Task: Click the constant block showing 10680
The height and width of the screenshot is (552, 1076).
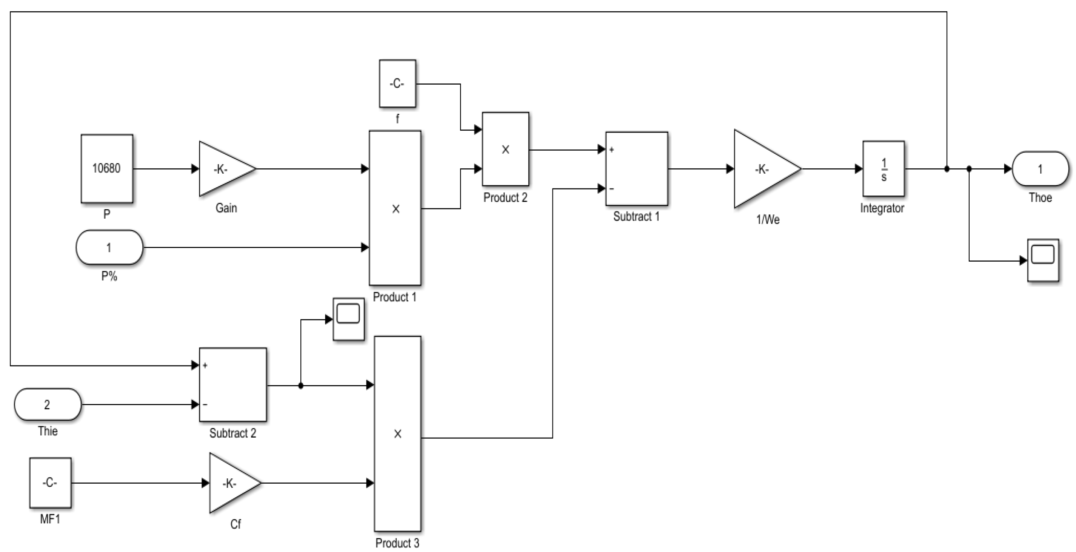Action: pos(107,168)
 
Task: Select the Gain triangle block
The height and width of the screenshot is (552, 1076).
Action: pos(223,169)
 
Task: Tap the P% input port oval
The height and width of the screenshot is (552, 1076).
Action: pos(109,247)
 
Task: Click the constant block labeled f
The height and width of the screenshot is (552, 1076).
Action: pos(397,83)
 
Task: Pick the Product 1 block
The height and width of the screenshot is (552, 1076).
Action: pos(395,208)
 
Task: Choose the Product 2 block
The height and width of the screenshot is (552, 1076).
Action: pos(505,149)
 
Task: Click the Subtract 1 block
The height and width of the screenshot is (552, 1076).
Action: pos(637,169)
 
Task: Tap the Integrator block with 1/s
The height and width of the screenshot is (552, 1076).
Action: pos(884,169)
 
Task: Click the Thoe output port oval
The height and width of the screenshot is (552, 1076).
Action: pos(1040,169)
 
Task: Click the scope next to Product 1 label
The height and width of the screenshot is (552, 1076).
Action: pos(348,319)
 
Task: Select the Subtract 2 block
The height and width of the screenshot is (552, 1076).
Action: pos(232,384)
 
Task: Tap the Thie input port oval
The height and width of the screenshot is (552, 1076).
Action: pos(48,404)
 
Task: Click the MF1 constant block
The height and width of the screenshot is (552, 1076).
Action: pos(50,483)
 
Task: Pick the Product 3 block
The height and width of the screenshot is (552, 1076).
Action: pos(397,434)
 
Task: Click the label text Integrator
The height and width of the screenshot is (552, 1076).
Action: pos(882,208)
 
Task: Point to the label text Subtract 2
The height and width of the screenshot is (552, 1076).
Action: pos(232,433)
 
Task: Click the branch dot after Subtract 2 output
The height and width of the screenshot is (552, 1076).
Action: pos(301,386)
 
